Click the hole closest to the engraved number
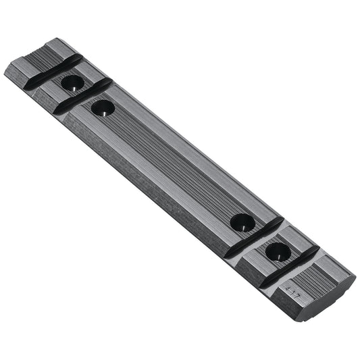click(278, 252)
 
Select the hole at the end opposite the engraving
click(72, 84)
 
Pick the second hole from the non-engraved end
click(103, 107)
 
